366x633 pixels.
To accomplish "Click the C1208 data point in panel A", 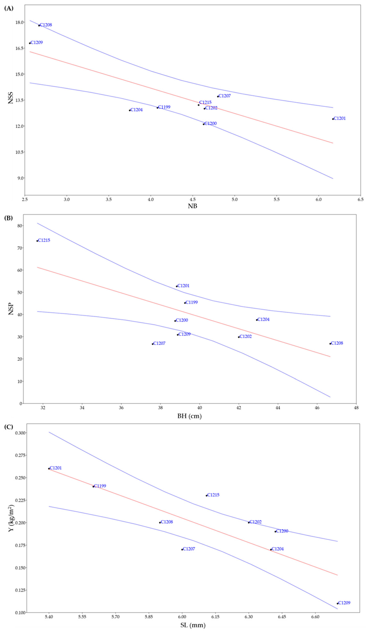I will click(x=39, y=25).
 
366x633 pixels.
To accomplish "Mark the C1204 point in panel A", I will click(x=130, y=110).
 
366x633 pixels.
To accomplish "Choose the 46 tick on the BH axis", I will click(x=317, y=408).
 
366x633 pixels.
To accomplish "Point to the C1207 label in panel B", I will click(x=159, y=343).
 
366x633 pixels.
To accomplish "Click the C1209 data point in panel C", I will click(x=337, y=603).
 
